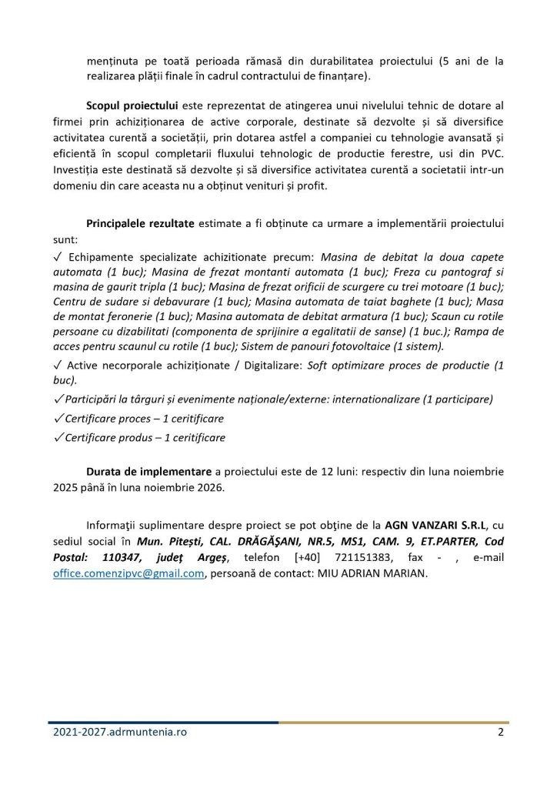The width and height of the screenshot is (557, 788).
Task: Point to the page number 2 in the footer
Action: [501, 732]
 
